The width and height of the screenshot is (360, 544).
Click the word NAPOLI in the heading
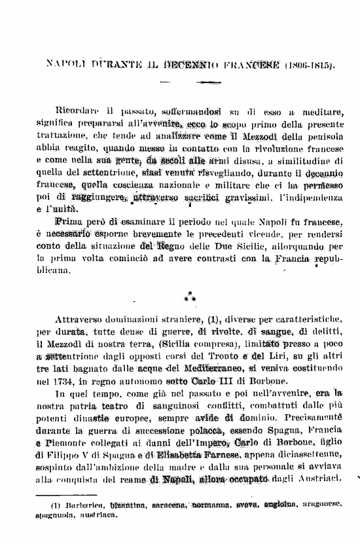pyautogui.click(x=64, y=65)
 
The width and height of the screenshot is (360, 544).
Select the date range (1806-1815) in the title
pyautogui.click(x=308, y=65)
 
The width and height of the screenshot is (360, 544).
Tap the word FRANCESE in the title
pyautogui.click(x=253, y=65)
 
